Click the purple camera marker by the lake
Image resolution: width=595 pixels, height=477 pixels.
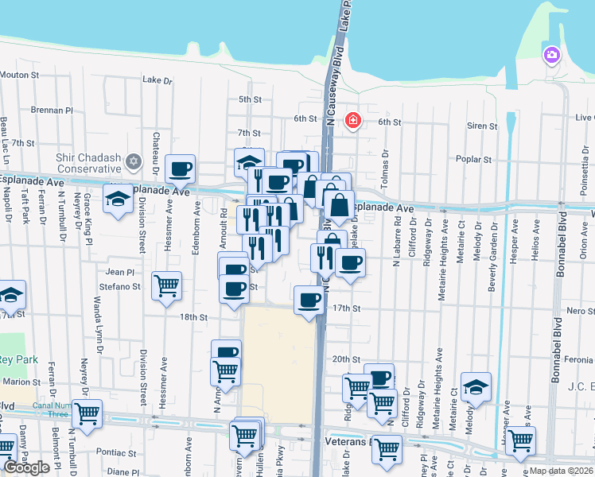coord(550,55)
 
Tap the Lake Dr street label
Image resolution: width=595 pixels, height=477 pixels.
coord(157,80)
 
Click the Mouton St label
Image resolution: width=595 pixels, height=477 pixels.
coord(20,76)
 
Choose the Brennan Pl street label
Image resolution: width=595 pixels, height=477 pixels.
coord(52,111)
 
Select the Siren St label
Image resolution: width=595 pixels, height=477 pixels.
coord(483,126)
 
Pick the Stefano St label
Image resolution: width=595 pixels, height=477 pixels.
coord(120,286)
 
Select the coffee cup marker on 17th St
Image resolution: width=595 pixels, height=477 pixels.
coord(309,300)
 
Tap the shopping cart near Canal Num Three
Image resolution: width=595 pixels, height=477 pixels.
coord(87,412)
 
